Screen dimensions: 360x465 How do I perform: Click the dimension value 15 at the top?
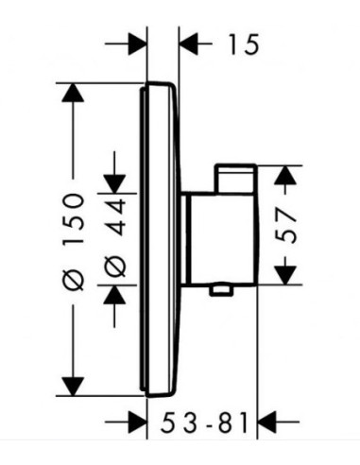[244, 44]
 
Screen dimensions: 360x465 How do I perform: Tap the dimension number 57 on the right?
[286, 225]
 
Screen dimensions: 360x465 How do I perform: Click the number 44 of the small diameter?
[116, 217]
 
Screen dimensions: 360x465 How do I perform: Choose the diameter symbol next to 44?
[115, 267]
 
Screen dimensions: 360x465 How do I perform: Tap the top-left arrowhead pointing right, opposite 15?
[137, 44]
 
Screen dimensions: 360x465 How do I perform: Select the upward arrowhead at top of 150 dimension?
[73, 93]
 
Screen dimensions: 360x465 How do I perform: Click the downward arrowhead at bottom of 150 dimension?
[73, 387]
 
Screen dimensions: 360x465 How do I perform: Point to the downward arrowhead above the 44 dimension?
[115, 183]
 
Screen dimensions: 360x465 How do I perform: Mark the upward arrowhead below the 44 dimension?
[115, 295]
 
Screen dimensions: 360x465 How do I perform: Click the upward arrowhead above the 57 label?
[285, 175]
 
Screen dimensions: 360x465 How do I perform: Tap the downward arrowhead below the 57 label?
[285, 275]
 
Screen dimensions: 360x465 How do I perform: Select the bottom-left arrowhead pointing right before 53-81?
[137, 422]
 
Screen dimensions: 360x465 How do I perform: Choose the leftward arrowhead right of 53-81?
[267, 422]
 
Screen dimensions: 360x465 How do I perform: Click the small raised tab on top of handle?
[235, 179]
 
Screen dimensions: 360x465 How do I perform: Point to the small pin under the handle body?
[222, 290]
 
